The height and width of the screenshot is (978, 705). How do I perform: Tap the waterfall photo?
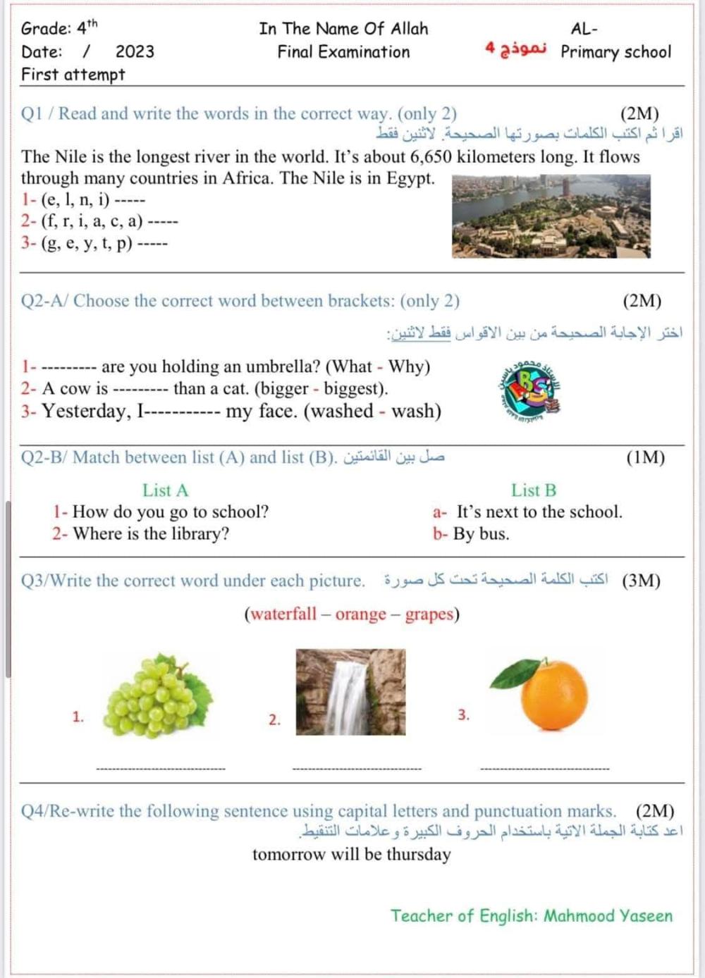[350, 692]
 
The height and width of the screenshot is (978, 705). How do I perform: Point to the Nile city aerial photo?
[551, 216]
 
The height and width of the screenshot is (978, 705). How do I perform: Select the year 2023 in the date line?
[135, 51]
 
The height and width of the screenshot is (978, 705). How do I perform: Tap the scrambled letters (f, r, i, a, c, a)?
[92, 221]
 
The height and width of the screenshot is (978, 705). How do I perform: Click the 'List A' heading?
[165, 490]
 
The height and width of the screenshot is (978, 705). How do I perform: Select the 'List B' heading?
[534, 490]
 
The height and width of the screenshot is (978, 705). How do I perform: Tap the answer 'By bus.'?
[481, 533]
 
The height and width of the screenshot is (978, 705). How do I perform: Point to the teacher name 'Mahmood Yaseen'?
[608, 915]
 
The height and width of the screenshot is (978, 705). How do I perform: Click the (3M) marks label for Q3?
[641, 581]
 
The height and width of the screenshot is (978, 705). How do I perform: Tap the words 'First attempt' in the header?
[73, 74]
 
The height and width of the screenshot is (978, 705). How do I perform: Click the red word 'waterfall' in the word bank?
[283, 614]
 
